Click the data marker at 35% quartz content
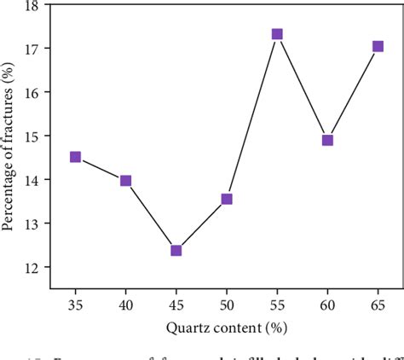[x=75, y=157]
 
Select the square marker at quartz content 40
[x=125, y=181]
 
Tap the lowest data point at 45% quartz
[x=176, y=251]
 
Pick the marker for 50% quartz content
[x=227, y=199]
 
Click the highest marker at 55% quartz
[x=277, y=35]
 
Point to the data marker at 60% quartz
[x=327, y=140]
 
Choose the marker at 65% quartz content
[x=378, y=47]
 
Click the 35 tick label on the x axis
[x=75, y=303]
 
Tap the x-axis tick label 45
[x=176, y=303]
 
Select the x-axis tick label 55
[x=277, y=303]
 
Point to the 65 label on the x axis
[x=378, y=303]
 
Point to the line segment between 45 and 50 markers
[x=201, y=224]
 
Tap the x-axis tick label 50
[x=227, y=303]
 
